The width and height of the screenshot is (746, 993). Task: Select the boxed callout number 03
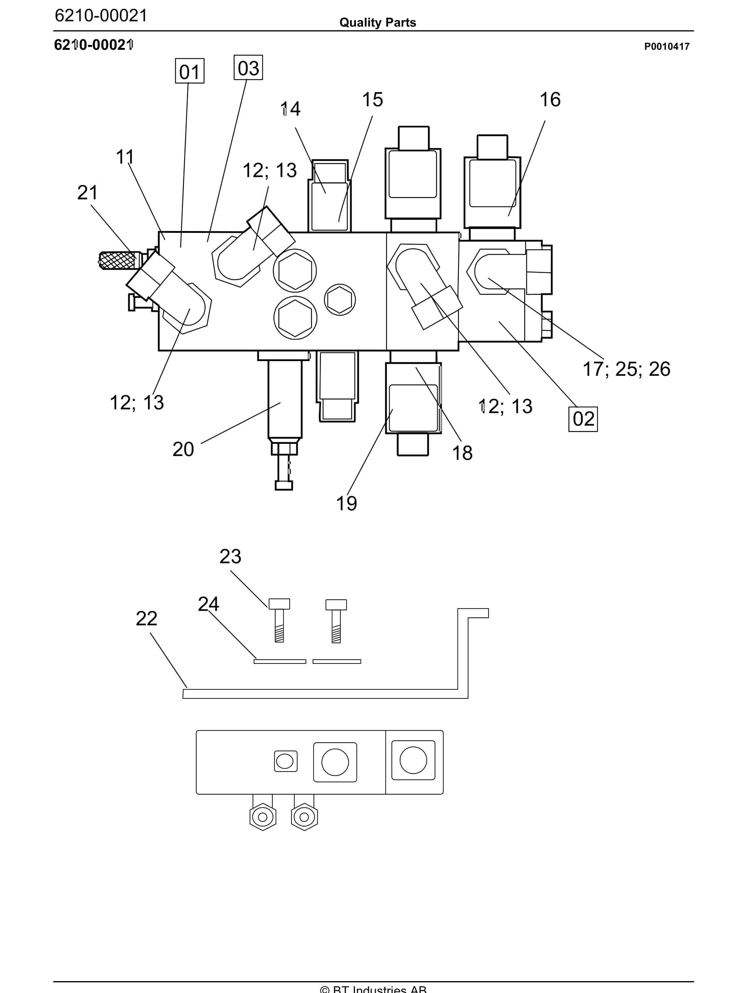[248, 68]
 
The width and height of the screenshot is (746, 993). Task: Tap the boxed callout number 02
[583, 419]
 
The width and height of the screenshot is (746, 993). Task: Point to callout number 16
[550, 100]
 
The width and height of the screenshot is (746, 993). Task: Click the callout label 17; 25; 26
[626, 369]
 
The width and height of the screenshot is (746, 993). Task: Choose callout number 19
[347, 503]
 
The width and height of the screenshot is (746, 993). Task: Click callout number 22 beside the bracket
[146, 619]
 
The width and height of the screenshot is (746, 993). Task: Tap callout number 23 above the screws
[230, 557]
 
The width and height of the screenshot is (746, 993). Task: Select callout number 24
[208, 604]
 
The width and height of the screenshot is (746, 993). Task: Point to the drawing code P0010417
[667, 46]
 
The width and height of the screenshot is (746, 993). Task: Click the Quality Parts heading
[377, 23]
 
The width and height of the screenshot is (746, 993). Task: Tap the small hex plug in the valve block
[339, 299]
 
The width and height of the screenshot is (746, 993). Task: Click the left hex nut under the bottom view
[263, 817]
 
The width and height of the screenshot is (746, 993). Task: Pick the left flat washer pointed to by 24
[280, 661]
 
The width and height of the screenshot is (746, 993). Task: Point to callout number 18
[462, 453]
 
